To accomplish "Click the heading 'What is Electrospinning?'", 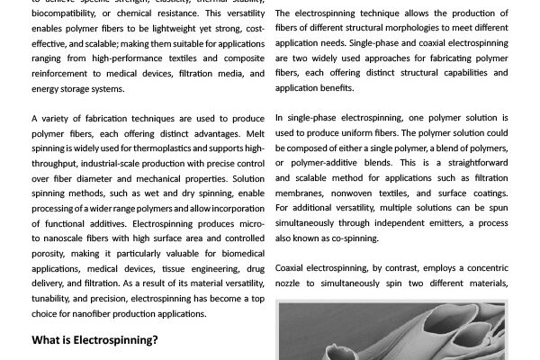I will pyautogui.click(x=94, y=341).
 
